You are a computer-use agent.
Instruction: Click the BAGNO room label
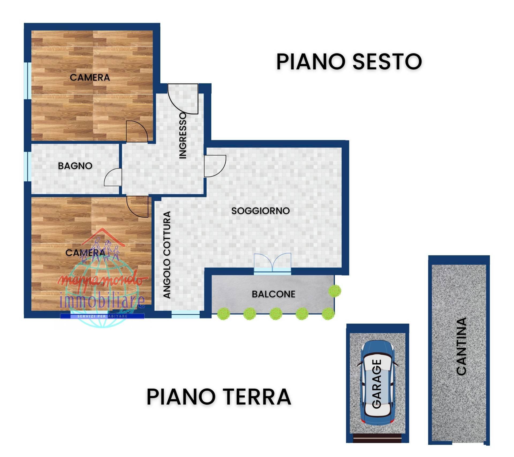click(x=75, y=166)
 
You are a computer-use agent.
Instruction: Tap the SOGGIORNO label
click(x=260, y=211)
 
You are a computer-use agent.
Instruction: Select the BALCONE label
click(x=273, y=294)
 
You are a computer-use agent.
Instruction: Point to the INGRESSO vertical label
click(x=183, y=135)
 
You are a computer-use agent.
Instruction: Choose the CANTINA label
click(x=461, y=346)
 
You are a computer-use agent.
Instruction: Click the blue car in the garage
click(x=377, y=384)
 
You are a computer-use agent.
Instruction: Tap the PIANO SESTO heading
click(x=349, y=62)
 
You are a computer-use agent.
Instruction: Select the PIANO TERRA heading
click(x=219, y=397)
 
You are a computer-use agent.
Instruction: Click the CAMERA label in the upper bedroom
click(x=90, y=78)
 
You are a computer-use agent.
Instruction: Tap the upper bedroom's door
click(x=137, y=131)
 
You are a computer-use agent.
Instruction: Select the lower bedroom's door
click(x=138, y=206)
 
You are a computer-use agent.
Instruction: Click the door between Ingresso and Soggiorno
click(x=214, y=166)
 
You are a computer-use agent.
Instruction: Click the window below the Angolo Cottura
click(x=186, y=316)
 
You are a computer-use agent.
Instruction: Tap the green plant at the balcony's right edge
click(x=335, y=291)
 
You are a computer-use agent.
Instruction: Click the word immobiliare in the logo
click(x=103, y=300)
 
